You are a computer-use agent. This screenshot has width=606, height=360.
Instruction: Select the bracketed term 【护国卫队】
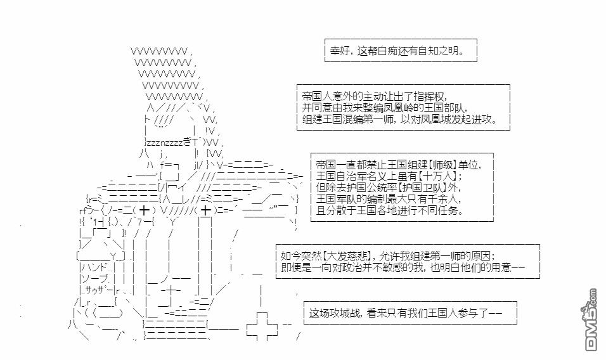427,188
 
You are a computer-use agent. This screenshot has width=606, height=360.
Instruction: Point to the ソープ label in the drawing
94,279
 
